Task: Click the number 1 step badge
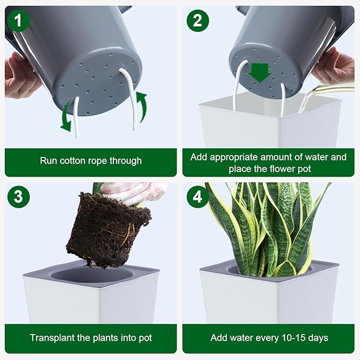pos(19,21)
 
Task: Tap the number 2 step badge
pos(198,21)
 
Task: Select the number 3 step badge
pos(19,197)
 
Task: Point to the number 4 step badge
pos(198,197)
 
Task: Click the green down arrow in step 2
pos(260,73)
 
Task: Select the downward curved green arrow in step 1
pos(66,116)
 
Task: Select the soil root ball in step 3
pos(108,230)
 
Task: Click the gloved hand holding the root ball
pos(133,192)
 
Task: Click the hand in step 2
pos(335,65)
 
